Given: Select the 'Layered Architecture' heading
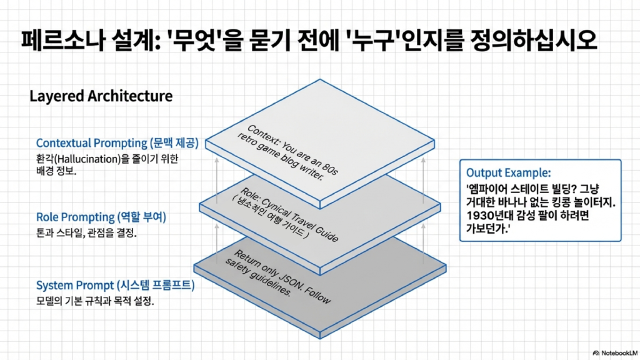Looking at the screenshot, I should (x=101, y=97).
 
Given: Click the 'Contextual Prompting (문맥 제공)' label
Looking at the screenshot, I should (x=117, y=143).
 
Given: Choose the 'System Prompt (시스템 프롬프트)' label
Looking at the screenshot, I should (x=115, y=286).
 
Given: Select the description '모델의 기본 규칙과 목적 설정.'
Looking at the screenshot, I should (x=94, y=301).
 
